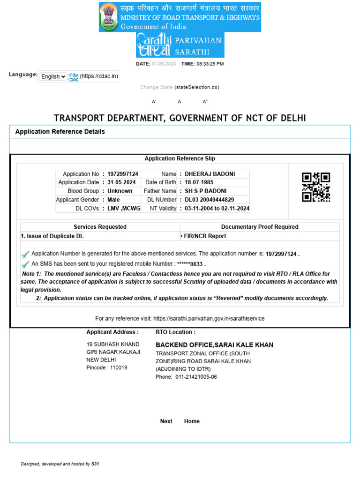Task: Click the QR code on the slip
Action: [316, 187]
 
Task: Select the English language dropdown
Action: [52, 76]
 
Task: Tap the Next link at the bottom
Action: [166, 421]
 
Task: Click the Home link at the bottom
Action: [192, 421]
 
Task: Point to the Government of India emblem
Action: [109, 17]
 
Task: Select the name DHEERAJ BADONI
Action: [210, 174]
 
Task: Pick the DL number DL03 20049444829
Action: [209, 200]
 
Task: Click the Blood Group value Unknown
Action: [120, 191]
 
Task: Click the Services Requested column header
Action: [100, 227]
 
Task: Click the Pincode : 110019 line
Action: [106, 368]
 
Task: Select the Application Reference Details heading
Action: [60, 132]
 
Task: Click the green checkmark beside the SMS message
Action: [25, 264]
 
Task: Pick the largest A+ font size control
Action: [205, 101]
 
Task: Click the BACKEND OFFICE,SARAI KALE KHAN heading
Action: [214, 345]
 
